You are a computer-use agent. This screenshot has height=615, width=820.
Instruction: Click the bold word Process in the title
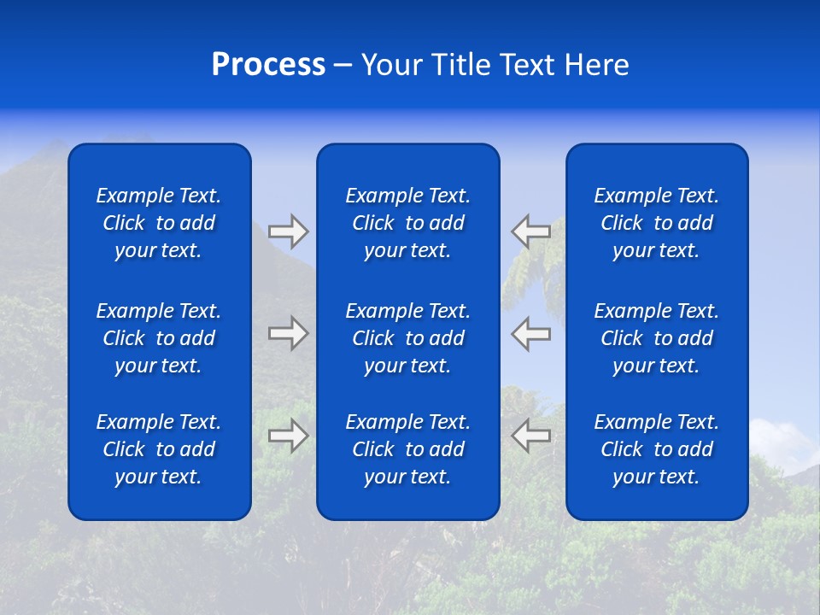[268, 65]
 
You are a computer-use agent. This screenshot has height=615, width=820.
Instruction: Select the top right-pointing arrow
[289, 231]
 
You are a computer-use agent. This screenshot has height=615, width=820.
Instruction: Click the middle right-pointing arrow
[289, 333]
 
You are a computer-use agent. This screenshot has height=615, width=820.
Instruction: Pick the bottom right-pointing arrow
[289, 436]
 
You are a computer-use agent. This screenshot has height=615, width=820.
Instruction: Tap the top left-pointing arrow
[530, 231]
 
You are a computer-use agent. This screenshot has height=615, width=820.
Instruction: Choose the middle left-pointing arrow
[530, 333]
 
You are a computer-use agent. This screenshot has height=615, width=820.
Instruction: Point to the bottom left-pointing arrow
[530, 436]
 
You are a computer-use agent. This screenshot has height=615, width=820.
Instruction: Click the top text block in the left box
[159, 223]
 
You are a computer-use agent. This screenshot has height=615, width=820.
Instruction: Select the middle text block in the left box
[159, 338]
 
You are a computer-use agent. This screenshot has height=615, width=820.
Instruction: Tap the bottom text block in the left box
[159, 449]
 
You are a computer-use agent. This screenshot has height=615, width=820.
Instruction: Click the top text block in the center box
[407, 223]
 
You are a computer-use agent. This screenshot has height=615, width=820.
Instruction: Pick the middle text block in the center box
[407, 338]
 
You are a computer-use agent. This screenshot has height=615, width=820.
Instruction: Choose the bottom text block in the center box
[407, 449]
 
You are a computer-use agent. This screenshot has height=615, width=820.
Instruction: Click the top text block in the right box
[656, 223]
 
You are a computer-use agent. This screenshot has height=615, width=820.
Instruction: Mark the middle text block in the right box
[656, 338]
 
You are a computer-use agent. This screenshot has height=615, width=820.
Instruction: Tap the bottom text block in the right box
[656, 449]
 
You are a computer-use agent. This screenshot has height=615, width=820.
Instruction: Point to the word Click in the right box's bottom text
[621, 449]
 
